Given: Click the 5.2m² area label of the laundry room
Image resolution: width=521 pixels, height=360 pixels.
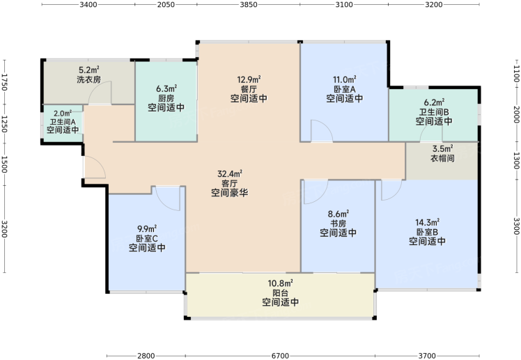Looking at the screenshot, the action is click(x=88, y=70).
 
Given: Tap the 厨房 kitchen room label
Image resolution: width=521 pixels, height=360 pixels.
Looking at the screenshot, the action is click(x=166, y=98).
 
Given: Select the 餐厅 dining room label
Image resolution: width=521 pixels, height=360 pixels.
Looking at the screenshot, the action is click(x=249, y=89).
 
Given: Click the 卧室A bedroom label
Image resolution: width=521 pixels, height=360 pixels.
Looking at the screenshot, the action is click(x=345, y=89).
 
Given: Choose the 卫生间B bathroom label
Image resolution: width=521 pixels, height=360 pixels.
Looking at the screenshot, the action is click(x=434, y=112).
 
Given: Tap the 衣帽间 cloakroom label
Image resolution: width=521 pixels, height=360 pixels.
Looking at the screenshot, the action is click(x=442, y=158).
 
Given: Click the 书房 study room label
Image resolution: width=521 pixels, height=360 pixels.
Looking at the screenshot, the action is click(x=339, y=224).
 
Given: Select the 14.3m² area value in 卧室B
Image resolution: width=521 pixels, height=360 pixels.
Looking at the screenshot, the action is click(x=427, y=222).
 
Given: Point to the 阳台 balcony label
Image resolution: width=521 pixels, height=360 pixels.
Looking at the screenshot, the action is click(x=281, y=293).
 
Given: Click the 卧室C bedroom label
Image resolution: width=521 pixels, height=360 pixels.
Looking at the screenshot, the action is click(x=147, y=238).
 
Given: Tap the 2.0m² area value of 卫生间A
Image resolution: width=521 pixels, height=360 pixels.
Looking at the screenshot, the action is click(x=63, y=114).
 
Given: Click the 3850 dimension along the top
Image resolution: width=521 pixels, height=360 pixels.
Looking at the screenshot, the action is click(x=249, y=4).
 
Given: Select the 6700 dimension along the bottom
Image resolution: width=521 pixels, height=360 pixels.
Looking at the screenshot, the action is click(x=280, y=356).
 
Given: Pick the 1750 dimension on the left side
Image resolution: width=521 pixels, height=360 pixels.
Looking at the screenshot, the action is click(x=4, y=82).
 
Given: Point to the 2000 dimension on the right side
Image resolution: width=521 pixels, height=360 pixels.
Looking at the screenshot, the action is click(x=517, y=115).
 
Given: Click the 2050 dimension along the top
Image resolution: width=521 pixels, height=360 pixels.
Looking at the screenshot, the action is click(x=166, y=4).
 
